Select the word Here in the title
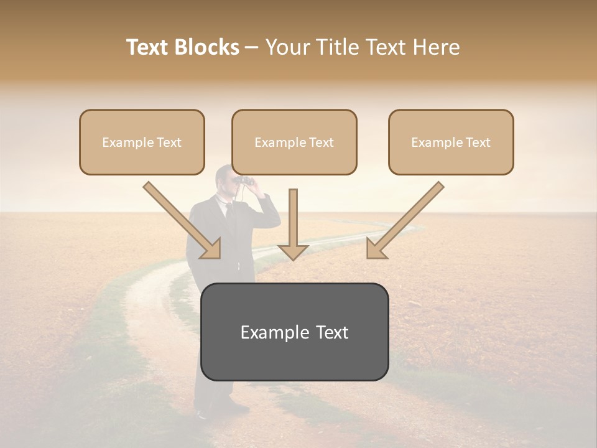[437, 47]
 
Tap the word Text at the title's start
[150, 47]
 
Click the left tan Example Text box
[142, 142]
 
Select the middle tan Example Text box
[294, 142]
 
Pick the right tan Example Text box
[451, 142]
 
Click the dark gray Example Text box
[294, 332]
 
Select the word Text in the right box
[478, 142]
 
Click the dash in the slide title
[252, 47]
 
